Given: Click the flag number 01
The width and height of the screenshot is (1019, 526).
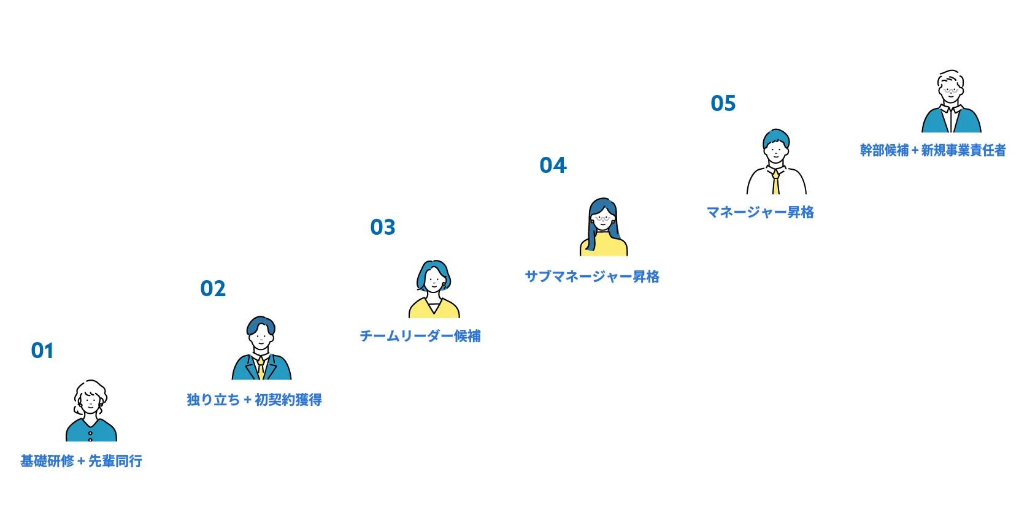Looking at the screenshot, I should (x=42, y=351).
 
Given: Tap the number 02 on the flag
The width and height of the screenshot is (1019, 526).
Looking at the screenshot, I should (x=213, y=289).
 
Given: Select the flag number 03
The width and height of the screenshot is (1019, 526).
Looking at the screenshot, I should (x=383, y=227).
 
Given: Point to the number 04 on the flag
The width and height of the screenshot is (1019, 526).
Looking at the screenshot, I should (x=553, y=166).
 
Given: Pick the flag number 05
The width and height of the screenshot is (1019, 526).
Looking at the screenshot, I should (x=723, y=104).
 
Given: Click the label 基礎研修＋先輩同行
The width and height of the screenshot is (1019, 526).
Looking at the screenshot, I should (x=81, y=460).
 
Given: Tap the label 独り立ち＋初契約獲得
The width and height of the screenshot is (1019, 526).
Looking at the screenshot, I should (x=254, y=400).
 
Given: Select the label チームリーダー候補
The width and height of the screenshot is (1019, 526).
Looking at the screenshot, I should (x=420, y=336).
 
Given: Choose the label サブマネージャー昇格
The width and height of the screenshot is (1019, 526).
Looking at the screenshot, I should (x=592, y=276).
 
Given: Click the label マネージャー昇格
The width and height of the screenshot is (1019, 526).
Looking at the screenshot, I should (x=760, y=212).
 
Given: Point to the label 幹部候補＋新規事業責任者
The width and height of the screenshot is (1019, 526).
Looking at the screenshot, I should (x=932, y=150).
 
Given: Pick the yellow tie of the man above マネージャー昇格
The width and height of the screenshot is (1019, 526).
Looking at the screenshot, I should (x=776, y=183).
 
